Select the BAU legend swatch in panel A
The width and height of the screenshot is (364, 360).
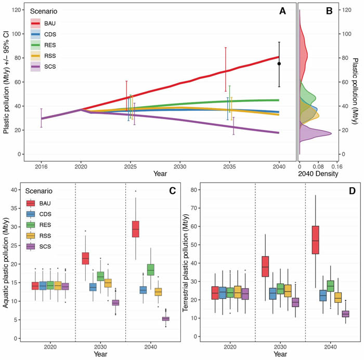[x=35, y=23]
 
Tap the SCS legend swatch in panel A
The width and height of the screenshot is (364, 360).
[x=35, y=66]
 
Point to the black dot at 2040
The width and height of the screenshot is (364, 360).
[x=279, y=63]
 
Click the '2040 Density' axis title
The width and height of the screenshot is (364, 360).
[x=319, y=175]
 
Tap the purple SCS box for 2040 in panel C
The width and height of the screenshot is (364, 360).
[x=165, y=319]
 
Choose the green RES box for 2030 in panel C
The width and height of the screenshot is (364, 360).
[x=101, y=276]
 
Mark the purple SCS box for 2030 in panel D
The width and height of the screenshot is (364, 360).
[x=281, y=302]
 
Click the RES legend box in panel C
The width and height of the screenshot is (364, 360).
[x=31, y=224]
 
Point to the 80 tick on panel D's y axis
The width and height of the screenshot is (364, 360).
[x=197, y=190]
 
